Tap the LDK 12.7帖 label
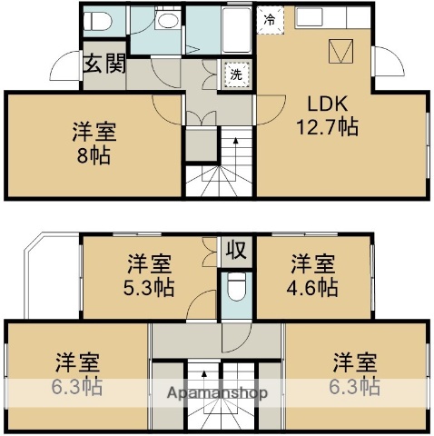coord(322,114)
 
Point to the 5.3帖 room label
coord(150,276)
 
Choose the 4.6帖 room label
coord(313,276)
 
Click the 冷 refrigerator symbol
coord(270,18)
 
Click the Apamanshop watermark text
coord(216,393)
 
